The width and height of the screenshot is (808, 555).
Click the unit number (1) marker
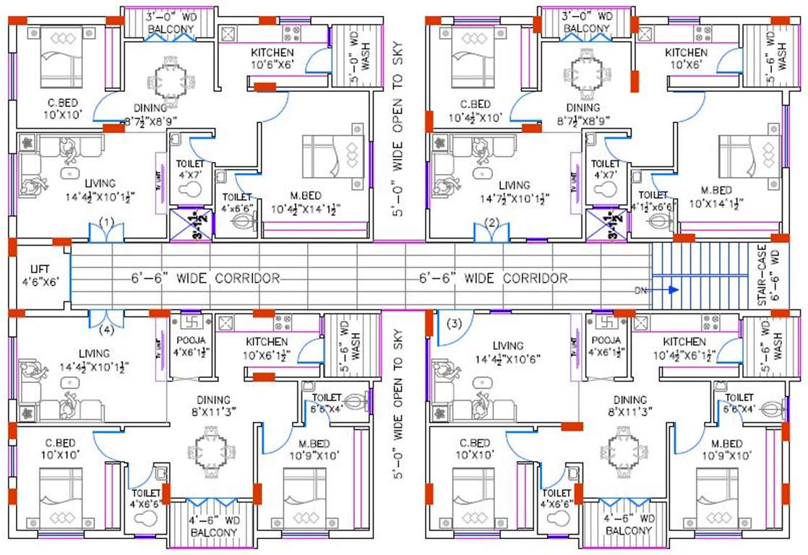pyautogui.click(x=107, y=221)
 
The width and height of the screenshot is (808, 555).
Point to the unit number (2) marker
pyautogui.click(x=491, y=222)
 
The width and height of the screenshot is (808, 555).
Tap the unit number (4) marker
pyautogui.click(x=107, y=332)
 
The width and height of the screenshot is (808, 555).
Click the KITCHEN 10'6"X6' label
pyautogui.click(x=272, y=59)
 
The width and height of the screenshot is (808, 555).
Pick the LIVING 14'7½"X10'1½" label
pyautogui.click(x=514, y=192)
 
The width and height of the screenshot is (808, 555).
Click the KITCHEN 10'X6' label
pyautogui.click(x=686, y=59)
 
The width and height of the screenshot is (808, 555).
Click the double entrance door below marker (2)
pyautogui.click(x=491, y=233)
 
